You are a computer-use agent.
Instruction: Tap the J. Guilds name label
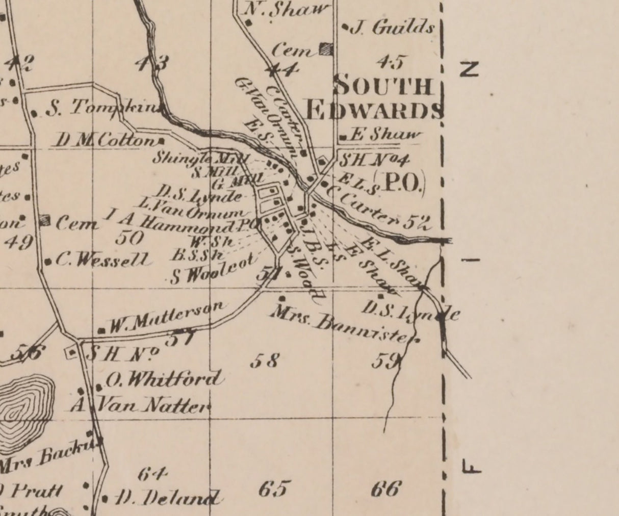tap(393, 28)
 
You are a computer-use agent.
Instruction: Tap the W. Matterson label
tap(166, 317)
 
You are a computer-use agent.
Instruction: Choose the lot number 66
tap(385, 488)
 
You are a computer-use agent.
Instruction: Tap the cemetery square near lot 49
tap(45, 220)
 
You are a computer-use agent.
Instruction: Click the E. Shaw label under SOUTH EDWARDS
tap(388, 135)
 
